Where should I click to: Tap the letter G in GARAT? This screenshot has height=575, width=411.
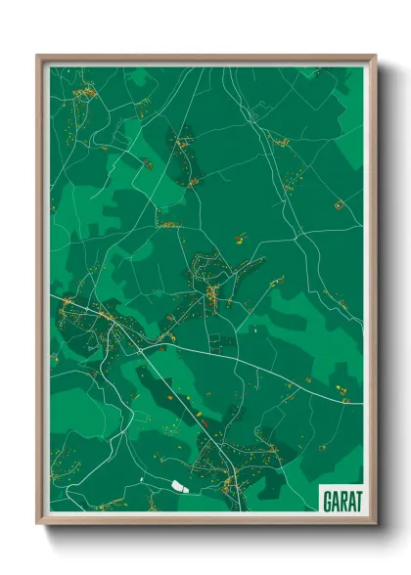(x=325, y=500)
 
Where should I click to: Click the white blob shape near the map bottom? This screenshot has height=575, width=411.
(x=178, y=485)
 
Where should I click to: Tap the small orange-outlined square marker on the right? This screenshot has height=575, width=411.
(x=339, y=205)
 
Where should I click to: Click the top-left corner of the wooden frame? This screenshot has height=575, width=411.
(x=37, y=56)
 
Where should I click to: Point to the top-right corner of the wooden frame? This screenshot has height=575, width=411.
(x=375, y=56)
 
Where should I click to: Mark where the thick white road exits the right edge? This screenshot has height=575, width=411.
(x=361, y=402)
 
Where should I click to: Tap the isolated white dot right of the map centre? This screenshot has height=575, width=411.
(x=257, y=330)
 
